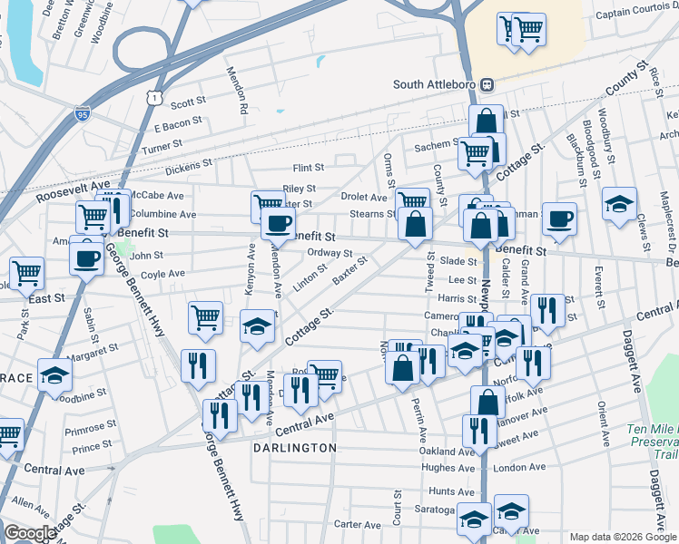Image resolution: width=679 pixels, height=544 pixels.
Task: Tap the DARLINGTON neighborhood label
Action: pos(295,448)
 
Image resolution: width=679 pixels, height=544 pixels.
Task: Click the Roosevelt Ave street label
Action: pos(64,194)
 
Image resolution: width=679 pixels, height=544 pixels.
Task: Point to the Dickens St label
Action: pos(188,167)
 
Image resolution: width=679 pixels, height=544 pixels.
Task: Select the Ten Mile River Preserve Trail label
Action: pos(652,442)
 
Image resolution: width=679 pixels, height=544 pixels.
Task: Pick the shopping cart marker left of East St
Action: pos(27,271)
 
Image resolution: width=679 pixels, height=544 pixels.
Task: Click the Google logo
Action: pos(29,533)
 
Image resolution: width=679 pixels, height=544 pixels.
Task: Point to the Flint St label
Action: pos(309,168)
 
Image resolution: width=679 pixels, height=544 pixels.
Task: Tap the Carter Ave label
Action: pos(357,524)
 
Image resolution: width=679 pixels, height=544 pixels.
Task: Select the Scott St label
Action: pos(189,103)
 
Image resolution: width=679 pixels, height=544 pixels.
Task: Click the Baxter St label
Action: pos(349,269)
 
